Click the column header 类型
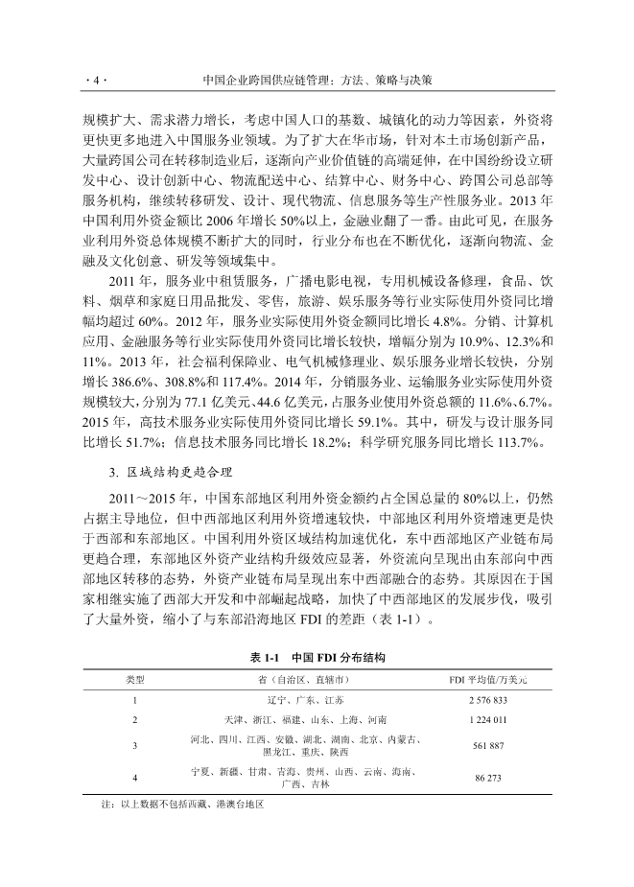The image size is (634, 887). [135, 679]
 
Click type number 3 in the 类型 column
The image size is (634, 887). [135, 745]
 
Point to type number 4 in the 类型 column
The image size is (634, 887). [135, 778]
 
